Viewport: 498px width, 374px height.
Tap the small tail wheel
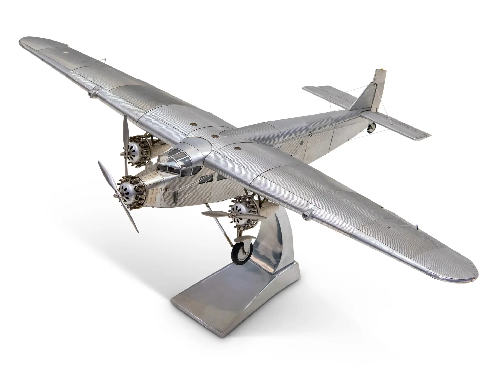click(372, 127)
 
